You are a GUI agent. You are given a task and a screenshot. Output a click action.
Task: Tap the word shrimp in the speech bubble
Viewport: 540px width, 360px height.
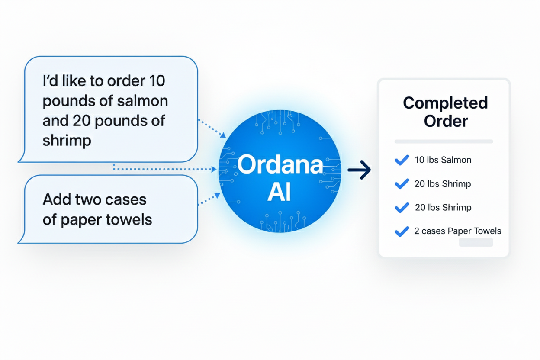(x=67, y=141)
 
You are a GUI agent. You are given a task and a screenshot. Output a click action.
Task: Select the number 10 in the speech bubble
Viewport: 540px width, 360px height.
(x=156, y=81)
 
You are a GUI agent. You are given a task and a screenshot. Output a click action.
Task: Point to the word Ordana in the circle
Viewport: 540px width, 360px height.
(x=280, y=165)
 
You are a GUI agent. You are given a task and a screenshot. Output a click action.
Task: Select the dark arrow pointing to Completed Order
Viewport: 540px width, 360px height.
(x=359, y=170)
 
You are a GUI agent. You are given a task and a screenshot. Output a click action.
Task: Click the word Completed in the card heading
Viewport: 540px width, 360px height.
(x=445, y=103)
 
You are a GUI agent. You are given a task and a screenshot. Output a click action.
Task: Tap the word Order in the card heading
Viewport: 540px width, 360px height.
(x=446, y=121)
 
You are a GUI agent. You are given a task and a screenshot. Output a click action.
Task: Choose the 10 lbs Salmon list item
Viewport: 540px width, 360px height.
(x=443, y=160)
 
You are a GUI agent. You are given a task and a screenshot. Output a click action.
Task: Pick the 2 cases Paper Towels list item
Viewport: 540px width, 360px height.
(x=457, y=231)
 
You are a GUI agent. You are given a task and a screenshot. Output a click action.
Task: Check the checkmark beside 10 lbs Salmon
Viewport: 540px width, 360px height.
(x=402, y=160)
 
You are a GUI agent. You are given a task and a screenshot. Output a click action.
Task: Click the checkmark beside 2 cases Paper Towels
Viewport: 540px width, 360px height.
(x=402, y=231)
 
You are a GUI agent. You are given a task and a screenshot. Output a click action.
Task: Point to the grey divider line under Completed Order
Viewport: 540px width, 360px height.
(x=444, y=141)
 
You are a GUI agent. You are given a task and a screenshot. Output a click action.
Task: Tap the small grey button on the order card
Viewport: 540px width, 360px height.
(x=476, y=242)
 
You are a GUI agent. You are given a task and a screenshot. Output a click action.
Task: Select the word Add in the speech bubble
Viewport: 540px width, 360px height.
(x=55, y=199)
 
